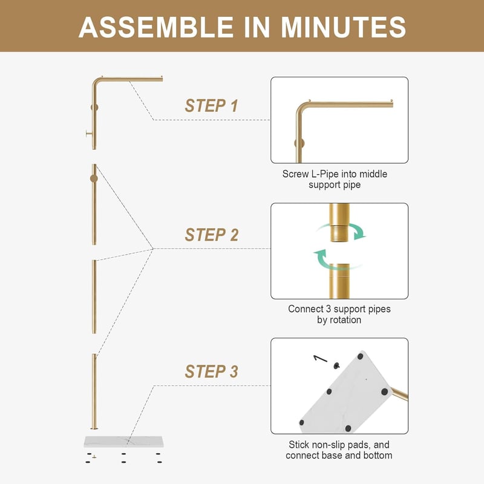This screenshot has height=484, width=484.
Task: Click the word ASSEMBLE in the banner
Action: (x=156, y=27)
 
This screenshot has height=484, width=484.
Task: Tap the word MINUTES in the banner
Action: (x=344, y=27)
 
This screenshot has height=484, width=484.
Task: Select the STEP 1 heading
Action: (x=211, y=106)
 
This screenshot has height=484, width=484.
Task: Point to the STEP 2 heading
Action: (x=211, y=235)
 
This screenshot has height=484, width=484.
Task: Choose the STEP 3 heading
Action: (x=211, y=371)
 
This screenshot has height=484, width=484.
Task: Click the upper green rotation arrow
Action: (x=342, y=230)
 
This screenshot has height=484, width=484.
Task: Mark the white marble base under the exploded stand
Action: (x=123, y=442)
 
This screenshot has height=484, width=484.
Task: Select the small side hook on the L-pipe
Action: (x=89, y=134)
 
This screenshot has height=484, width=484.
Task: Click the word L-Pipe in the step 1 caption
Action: (x=324, y=174)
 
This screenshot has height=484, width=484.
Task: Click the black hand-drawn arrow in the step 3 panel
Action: (x=320, y=359)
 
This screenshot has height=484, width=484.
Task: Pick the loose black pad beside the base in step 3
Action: (x=336, y=365)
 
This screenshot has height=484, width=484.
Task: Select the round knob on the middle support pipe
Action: (x=94, y=178)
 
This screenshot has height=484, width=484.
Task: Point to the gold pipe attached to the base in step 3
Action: (x=399, y=394)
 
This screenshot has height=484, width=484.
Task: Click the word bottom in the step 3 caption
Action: (x=378, y=456)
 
